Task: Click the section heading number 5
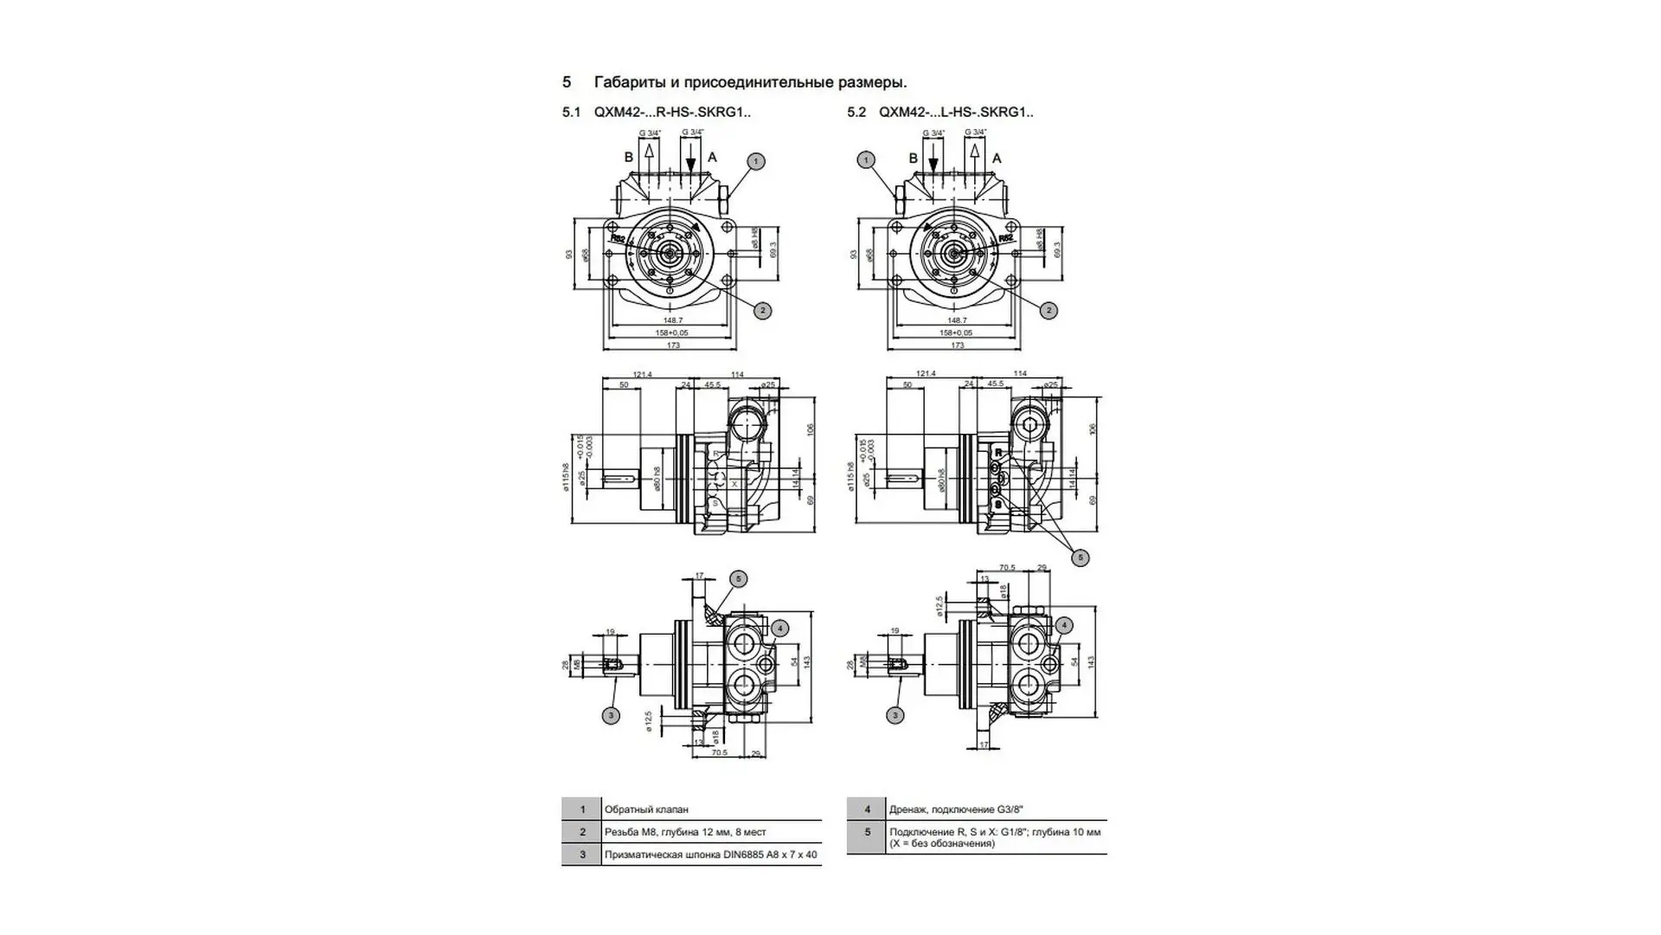(x=567, y=82)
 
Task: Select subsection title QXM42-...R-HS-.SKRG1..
(x=672, y=113)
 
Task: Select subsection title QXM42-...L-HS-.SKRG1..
(x=956, y=113)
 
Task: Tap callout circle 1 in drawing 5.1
(x=756, y=161)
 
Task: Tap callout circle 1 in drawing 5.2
(x=866, y=159)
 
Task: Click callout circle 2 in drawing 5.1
(x=762, y=310)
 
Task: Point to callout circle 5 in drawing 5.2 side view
(x=1080, y=558)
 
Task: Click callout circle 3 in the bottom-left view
(x=612, y=715)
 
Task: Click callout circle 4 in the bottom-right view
(x=1064, y=625)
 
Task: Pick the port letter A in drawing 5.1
(x=713, y=158)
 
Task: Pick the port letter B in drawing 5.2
(x=913, y=158)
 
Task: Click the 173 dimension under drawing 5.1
(x=673, y=345)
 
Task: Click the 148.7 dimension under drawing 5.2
(x=957, y=320)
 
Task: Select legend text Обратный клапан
(x=646, y=809)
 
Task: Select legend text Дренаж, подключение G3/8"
(x=956, y=809)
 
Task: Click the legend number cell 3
(x=582, y=854)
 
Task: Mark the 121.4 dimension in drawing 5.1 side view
(x=642, y=374)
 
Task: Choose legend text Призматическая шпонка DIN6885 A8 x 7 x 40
(x=710, y=854)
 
